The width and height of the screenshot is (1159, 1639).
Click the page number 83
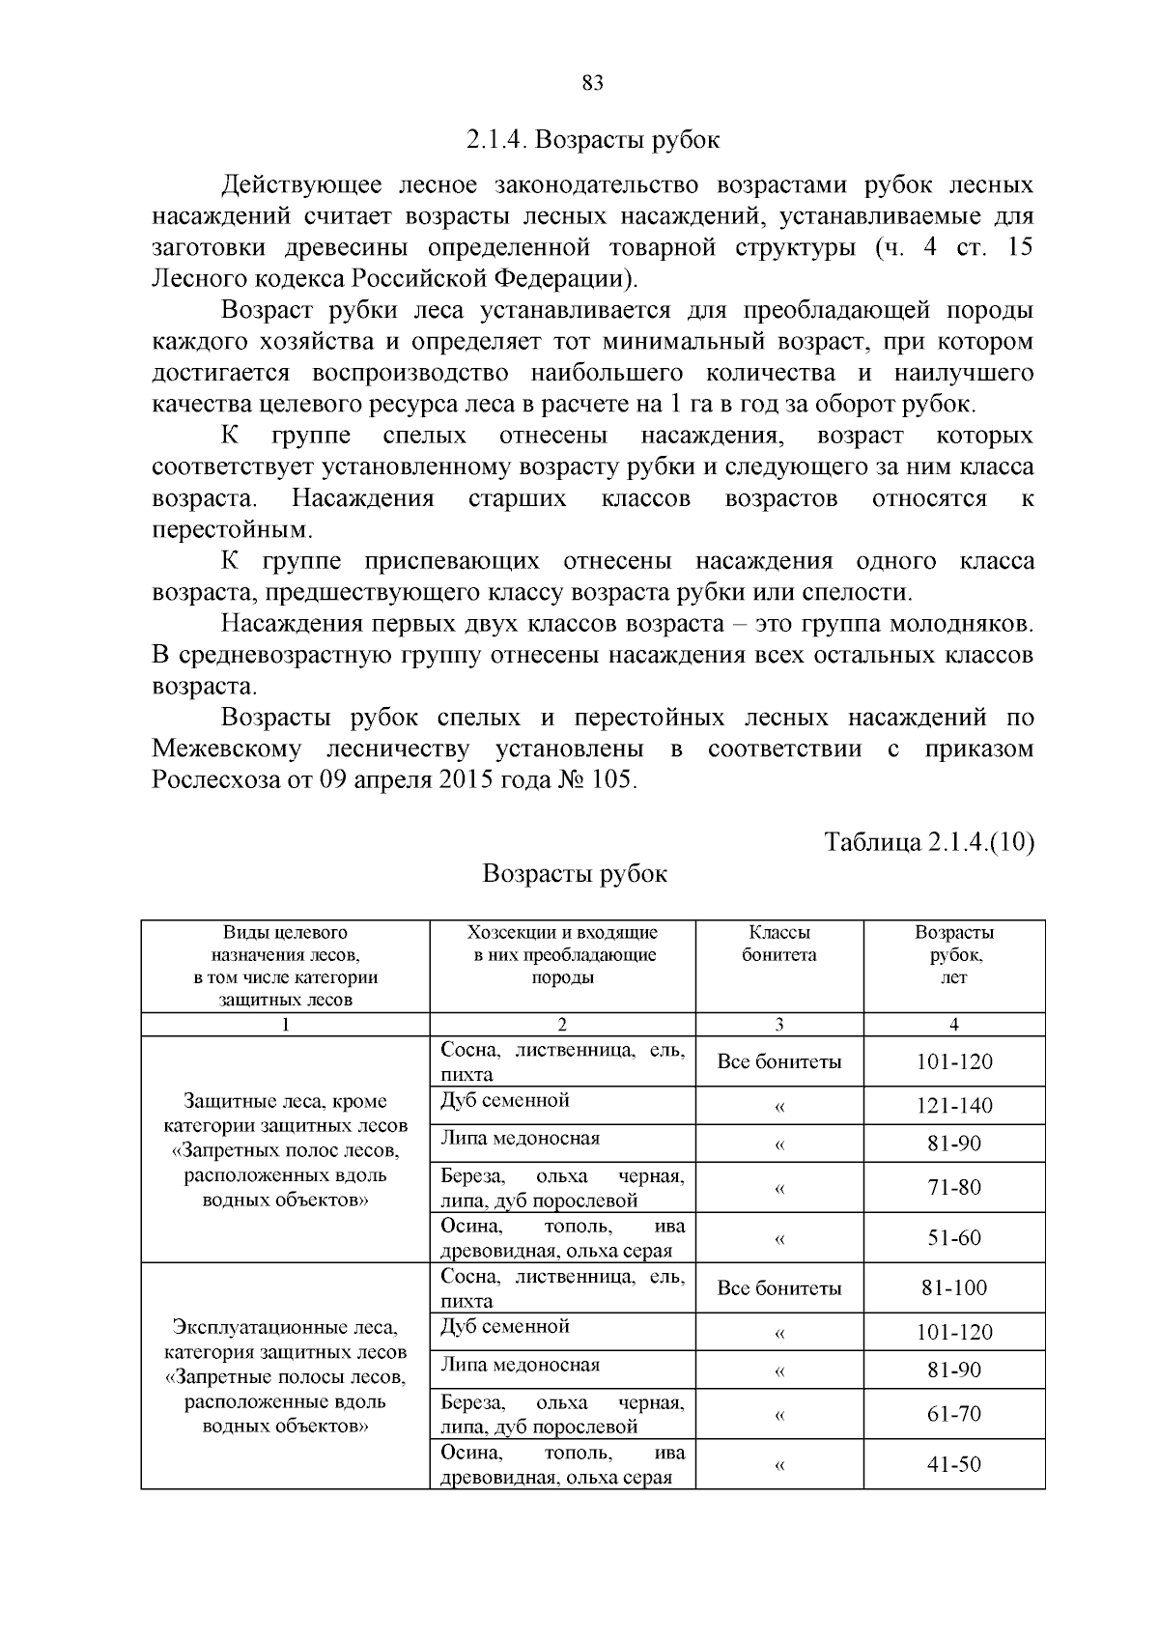[592, 84]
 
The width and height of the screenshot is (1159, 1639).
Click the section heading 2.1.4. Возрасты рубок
[593, 139]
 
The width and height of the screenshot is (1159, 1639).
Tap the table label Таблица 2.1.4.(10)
[928, 841]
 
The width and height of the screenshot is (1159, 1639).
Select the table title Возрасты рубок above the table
[575, 873]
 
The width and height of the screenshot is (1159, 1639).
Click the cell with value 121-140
[954, 1106]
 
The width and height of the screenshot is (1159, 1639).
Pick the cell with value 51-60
[954, 1237]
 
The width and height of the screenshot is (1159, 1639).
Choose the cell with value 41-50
[954, 1463]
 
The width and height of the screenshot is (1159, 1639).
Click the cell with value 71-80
[954, 1187]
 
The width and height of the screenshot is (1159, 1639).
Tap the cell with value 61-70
[954, 1414]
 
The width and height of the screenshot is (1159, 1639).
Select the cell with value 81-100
[954, 1287]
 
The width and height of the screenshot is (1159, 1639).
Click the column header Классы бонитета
[778, 944]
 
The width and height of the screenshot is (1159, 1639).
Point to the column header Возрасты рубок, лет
[954, 954]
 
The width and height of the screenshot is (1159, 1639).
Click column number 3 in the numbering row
[778, 1025]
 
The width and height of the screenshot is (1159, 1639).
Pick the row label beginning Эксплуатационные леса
[285, 1375]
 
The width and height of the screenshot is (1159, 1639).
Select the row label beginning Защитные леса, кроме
[285, 1149]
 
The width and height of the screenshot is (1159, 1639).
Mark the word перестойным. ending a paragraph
[233, 529]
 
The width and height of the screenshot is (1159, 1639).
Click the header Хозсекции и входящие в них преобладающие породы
[562, 954]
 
